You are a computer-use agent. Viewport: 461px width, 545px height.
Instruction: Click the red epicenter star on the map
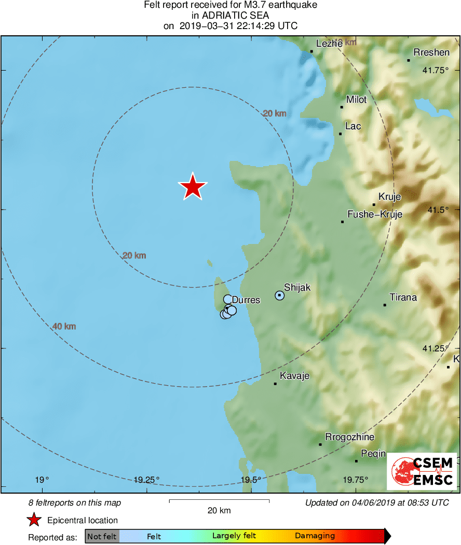point(193,187)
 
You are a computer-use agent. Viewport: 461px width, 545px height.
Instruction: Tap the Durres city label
point(246,300)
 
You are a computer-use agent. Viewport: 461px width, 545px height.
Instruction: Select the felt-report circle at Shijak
point(279,295)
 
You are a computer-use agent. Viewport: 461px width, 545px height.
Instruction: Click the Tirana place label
point(403,297)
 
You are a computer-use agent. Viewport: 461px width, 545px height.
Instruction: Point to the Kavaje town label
point(294,376)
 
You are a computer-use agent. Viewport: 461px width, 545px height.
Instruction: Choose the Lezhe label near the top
point(329,44)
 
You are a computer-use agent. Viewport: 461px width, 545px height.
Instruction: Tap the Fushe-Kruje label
point(374,214)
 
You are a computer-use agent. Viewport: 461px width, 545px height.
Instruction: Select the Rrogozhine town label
point(349,437)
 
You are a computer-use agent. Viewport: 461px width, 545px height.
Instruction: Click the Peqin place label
point(373,454)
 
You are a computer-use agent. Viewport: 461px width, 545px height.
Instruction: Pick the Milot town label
point(356,100)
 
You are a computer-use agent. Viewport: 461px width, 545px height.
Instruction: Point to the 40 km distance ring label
point(64,326)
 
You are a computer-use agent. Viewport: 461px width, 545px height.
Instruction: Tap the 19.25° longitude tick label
point(146,480)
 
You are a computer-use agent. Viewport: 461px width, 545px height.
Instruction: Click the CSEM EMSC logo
point(422,471)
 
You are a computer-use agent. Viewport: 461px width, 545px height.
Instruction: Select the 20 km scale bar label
point(219,510)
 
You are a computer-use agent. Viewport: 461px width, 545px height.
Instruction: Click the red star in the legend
point(34,520)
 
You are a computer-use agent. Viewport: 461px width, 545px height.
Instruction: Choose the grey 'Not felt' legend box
point(102,536)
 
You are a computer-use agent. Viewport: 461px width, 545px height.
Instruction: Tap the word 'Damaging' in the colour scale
point(315,536)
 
